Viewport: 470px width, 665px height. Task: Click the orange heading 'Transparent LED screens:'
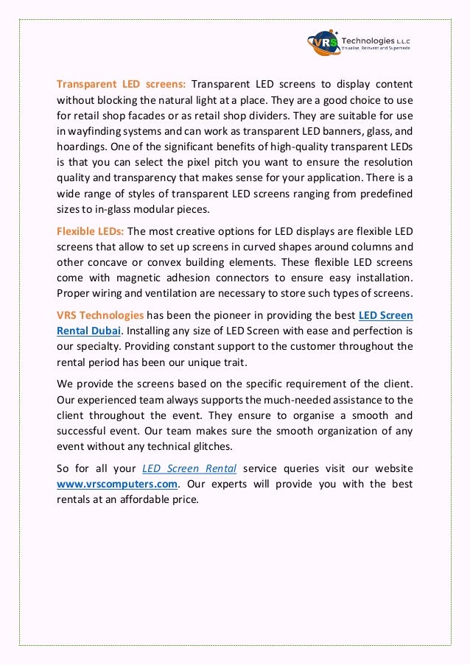tap(122, 84)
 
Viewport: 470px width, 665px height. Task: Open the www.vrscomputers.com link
tap(118, 484)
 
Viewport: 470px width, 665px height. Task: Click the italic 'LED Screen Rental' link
tap(189, 468)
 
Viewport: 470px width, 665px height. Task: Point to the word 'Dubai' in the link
tap(105, 331)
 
